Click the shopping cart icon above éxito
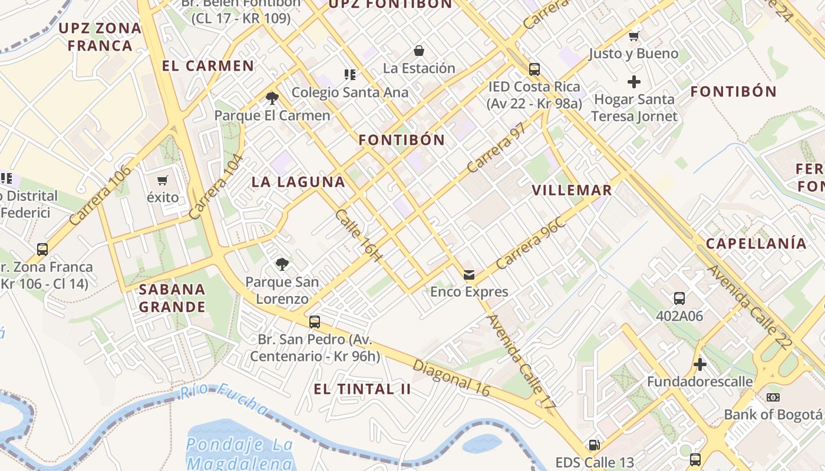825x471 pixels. [163, 180]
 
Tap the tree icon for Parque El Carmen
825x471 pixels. [272, 98]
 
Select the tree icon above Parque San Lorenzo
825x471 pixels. [282, 264]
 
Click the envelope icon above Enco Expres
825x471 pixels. [469, 274]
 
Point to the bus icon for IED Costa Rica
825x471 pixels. [534, 69]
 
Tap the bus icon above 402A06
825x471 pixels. [679, 298]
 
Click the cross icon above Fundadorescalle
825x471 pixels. [700, 364]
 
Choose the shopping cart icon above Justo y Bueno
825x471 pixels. [634, 37]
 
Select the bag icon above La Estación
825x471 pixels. [419, 51]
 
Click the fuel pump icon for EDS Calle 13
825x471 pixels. [595, 445]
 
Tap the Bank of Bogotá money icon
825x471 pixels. [773, 397]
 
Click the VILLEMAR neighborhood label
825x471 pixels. [572, 190]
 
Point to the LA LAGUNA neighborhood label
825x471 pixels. [298, 182]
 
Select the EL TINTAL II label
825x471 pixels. [362, 389]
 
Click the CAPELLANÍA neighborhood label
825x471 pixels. [756, 243]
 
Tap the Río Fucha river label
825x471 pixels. [225, 399]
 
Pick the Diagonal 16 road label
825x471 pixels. [451, 377]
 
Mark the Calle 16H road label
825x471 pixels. [359, 234]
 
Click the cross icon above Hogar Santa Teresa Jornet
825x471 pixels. [634, 82]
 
